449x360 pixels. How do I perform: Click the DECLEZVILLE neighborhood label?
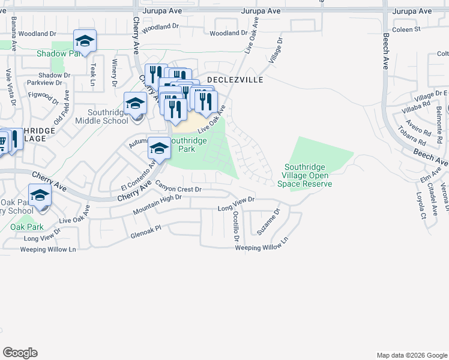coord(235,79)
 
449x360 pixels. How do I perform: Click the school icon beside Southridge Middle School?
coord(135,104)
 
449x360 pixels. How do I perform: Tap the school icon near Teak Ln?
coord(85,42)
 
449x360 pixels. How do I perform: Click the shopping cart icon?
coord(3,143)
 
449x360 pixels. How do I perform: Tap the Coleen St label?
coord(406,29)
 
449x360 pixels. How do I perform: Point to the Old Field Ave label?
coord(62,107)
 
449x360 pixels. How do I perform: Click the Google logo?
coord(20,353)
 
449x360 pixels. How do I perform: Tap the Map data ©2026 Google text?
coord(411,355)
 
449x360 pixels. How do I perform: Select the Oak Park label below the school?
coord(26,227)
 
